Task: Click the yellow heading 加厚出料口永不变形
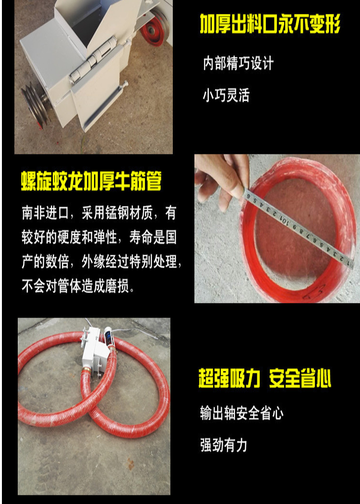click(x=270, y=24)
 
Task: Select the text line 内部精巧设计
click(x=239, y=63)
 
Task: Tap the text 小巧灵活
click(x=226, y=95)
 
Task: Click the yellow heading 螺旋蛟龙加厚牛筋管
click(x=91, y=181)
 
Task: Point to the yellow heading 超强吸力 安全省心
click(x=265, y=378)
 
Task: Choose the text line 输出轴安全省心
click(x=241, y=413)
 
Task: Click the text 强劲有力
click(x=224, y=445)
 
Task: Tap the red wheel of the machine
click(x=155, y=28)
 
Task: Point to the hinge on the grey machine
click(x=93, y=59)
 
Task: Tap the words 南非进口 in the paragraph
click(x=46, y=213)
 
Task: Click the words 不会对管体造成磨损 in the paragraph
click(x=75, y=285)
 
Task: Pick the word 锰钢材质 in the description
click(x=129, y=213)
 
